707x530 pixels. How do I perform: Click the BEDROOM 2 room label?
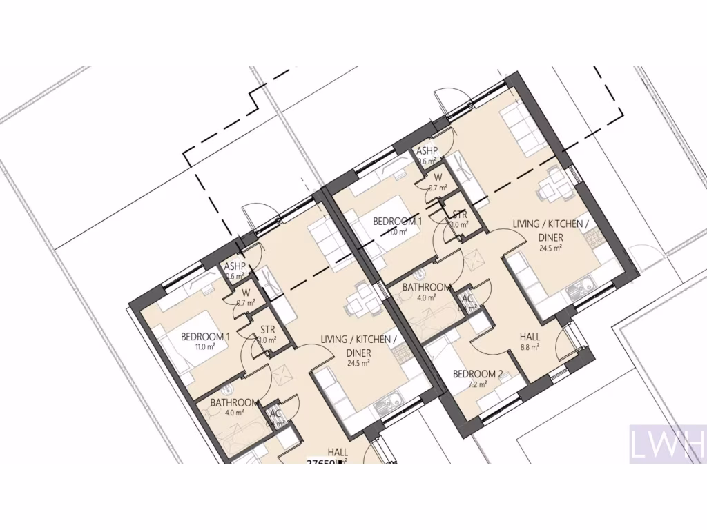tap(478, 375)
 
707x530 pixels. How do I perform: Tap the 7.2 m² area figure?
tap(478, 384)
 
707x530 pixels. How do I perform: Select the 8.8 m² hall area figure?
tap(530, 347)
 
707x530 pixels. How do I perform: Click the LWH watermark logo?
tap(667, 443)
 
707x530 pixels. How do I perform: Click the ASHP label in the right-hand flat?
tap(427, 151)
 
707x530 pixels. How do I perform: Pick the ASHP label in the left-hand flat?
tap(235, 266)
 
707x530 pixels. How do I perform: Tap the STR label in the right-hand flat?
tap(460, 215)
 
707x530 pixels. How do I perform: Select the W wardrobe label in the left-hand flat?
tap(245, 292)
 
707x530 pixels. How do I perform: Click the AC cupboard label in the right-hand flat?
tap(467, 299)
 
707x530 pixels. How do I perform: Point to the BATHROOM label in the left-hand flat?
tap(235, 403)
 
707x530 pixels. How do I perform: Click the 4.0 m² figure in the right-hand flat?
tap(427, 297)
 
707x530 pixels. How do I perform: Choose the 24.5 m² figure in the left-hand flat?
tap(359, 363)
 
